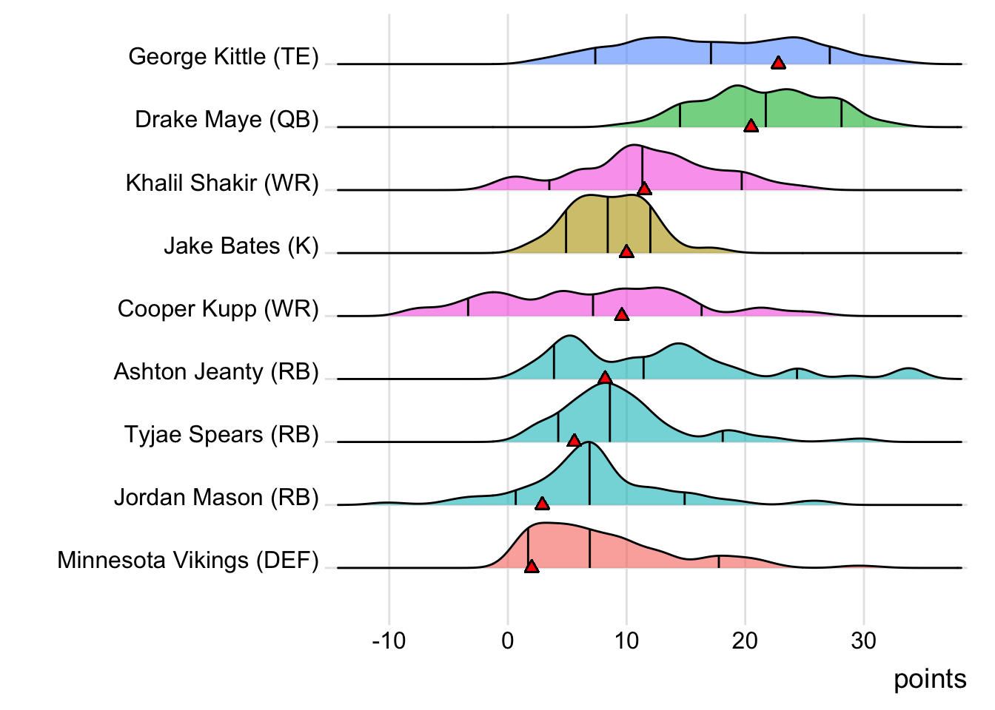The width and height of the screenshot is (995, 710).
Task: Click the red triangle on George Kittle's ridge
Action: coord(778,63)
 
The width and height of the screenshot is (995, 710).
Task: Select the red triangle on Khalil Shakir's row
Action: coord(644,189)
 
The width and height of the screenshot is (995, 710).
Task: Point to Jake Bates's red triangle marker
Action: coord(626,252)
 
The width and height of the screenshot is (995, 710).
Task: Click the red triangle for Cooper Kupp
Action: coord(622,315)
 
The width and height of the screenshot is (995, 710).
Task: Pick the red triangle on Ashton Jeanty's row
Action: coord(605,378)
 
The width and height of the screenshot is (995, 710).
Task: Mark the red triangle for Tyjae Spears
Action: coord(574,441)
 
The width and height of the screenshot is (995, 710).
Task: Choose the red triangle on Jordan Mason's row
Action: coord(542,504)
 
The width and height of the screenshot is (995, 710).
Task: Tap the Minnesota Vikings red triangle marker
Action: coord(531,567)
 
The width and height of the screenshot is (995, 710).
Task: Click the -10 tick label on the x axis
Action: coord(389,640)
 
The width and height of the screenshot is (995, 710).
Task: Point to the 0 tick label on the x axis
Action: coord(508,640)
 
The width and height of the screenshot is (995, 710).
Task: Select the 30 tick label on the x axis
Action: coord(864,640)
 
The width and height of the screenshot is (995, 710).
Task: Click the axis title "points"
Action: coord(930,679)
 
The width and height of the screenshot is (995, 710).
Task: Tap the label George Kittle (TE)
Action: coord(224,57)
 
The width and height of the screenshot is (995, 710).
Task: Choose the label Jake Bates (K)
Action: coord(241,246)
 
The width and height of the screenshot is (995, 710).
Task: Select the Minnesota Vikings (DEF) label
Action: coord(188,561)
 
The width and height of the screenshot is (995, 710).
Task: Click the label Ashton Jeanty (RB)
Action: coord(216,371)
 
